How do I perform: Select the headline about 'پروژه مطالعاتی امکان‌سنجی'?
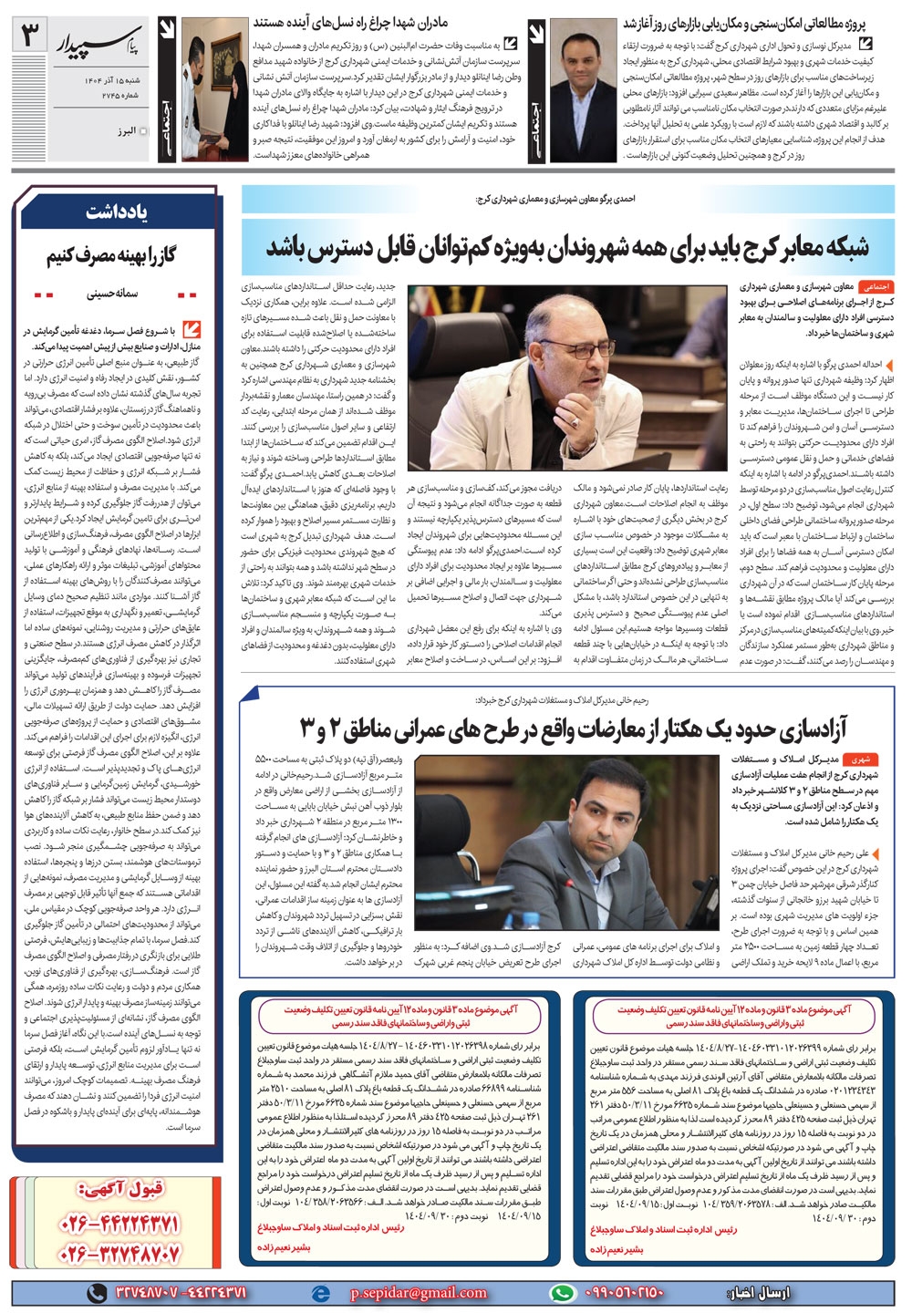click(x=746, y=20)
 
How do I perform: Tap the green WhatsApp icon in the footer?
click(x=563, y=1293)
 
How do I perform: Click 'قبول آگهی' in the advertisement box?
click(x=119, y=1190)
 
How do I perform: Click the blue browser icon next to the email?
click(x=318, y=1293)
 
